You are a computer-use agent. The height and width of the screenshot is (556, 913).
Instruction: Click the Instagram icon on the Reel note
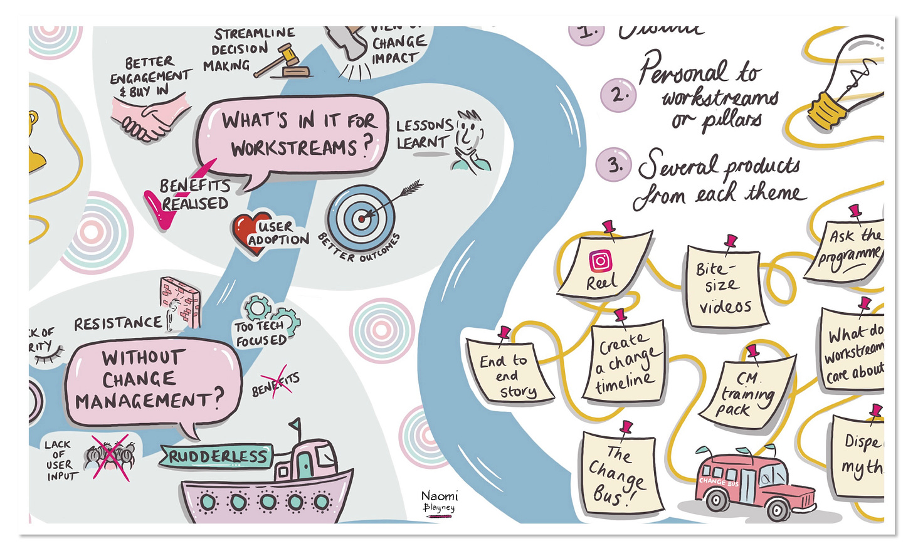600,261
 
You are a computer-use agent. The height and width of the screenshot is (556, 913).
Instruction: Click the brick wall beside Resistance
181,302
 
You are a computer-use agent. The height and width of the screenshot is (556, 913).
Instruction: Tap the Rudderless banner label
217,456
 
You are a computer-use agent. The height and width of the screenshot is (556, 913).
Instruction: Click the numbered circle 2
618,95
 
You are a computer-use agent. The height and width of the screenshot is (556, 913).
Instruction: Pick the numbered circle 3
613,165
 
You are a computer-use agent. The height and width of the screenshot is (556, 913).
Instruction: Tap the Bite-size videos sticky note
725,286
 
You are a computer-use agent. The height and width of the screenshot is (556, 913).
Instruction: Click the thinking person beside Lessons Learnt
470,141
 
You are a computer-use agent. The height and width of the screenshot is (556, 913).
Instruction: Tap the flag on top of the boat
295,427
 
